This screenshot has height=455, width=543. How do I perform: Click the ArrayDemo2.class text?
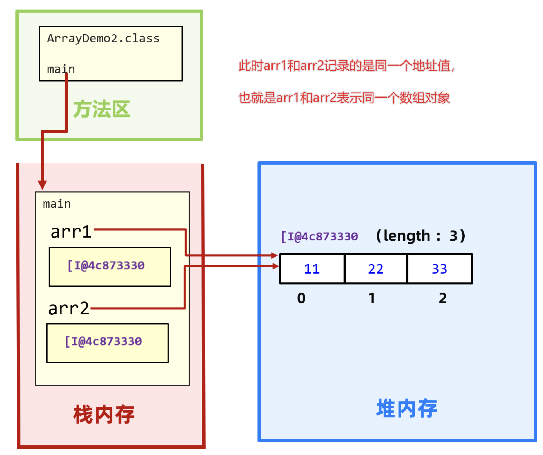click(103, 39)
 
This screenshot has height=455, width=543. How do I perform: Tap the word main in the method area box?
click(61, 69)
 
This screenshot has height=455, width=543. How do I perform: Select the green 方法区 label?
click(101, 109)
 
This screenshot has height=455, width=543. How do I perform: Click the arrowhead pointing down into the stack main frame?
click(42, 185)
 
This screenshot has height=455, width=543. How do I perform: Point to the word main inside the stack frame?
click(57, 204)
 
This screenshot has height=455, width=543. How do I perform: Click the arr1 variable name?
click(71, 232)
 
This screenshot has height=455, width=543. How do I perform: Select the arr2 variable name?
click(69, 308)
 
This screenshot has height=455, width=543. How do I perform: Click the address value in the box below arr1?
click(106, 265)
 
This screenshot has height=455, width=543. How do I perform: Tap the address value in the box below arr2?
click(103, 341)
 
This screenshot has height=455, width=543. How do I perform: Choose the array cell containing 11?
click(312, 269)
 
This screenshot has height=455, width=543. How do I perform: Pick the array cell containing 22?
click(375, 269)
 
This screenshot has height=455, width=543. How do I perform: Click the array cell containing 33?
click(439, 269)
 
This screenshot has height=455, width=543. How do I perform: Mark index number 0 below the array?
click(301, 298)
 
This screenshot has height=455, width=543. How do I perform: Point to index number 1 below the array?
click(372, 298)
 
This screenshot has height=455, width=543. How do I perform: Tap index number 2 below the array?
click(442, 298)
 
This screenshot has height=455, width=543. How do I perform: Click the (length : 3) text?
click(421, 236)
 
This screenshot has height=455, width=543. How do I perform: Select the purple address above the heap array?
click(320, 236)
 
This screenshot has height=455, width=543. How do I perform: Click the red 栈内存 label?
click(104, 415)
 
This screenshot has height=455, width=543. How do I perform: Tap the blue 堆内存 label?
click(406, 408)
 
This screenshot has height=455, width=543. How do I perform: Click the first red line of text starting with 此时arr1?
click(346, 66)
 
